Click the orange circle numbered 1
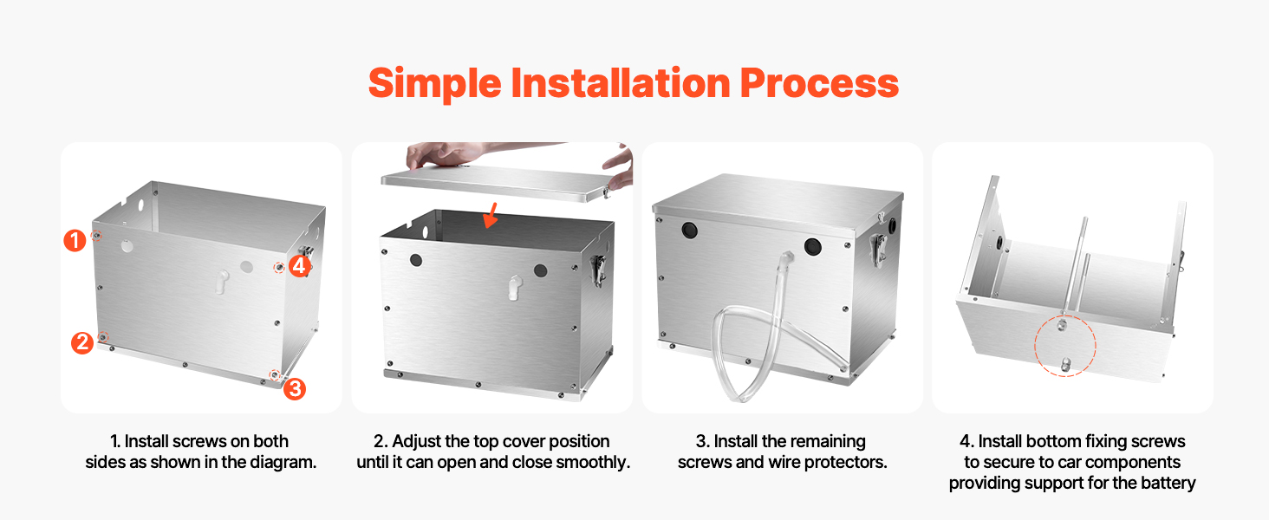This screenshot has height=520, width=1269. pos(75,240)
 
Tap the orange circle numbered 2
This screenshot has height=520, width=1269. pos(82,342)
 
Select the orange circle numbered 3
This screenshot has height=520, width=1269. pos(295,388)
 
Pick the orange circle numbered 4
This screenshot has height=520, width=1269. pos(299,265)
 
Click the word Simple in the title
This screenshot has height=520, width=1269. pos(434,84)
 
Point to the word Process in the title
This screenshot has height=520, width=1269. pos(819,84)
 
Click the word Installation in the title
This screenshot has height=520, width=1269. pos(621,82)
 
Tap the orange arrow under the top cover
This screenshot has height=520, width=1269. pos(491,215)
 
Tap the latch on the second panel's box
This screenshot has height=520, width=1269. pos(598,270)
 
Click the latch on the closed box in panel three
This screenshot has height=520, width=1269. pos(879,248)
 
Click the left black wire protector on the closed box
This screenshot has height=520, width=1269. pos(689,230)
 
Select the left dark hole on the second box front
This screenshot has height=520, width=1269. pos(416,260)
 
